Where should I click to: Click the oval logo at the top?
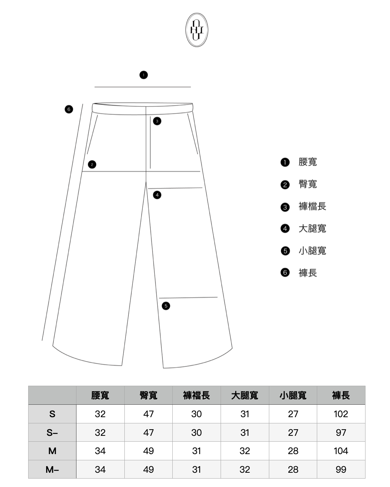196,30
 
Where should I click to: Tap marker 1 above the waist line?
143,75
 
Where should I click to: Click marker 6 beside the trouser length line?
69,109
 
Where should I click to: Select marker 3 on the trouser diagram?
157,121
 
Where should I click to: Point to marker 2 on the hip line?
92,165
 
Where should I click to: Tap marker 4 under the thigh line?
157,195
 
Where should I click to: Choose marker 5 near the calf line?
166,306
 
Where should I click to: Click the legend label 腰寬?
307,162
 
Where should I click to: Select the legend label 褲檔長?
312,206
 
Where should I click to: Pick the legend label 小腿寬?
312,251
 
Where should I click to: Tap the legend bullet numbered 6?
285,273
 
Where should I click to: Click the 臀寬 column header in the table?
148,395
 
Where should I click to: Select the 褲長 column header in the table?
341,395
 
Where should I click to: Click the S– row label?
52,433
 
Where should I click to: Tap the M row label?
52,451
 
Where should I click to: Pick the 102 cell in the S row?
341,414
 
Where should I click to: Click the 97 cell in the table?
341,433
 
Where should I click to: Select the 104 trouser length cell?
341,451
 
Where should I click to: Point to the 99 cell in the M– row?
341,469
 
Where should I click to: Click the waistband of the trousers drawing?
143,109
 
